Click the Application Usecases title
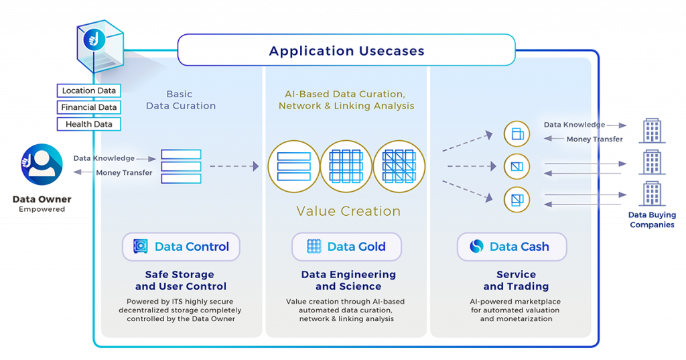[x=346, y=51]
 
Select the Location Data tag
[x=89, y=91]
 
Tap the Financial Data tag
[x=89, y=107]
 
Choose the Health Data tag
[x=89, y=124]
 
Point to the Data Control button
[x=181, y=247]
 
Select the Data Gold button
[x=346, y=247]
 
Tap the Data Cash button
[x=511, y=247]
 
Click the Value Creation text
[x=348, y=211]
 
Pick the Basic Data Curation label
[x=181, y=100]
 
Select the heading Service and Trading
[x=516, y=280]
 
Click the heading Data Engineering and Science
[x=348, y=280]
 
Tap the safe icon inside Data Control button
[x=140, y=247]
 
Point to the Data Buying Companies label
[x=651, y=220]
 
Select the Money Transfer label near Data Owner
[x=124, y=173]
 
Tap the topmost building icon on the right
[x=652, y=131]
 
